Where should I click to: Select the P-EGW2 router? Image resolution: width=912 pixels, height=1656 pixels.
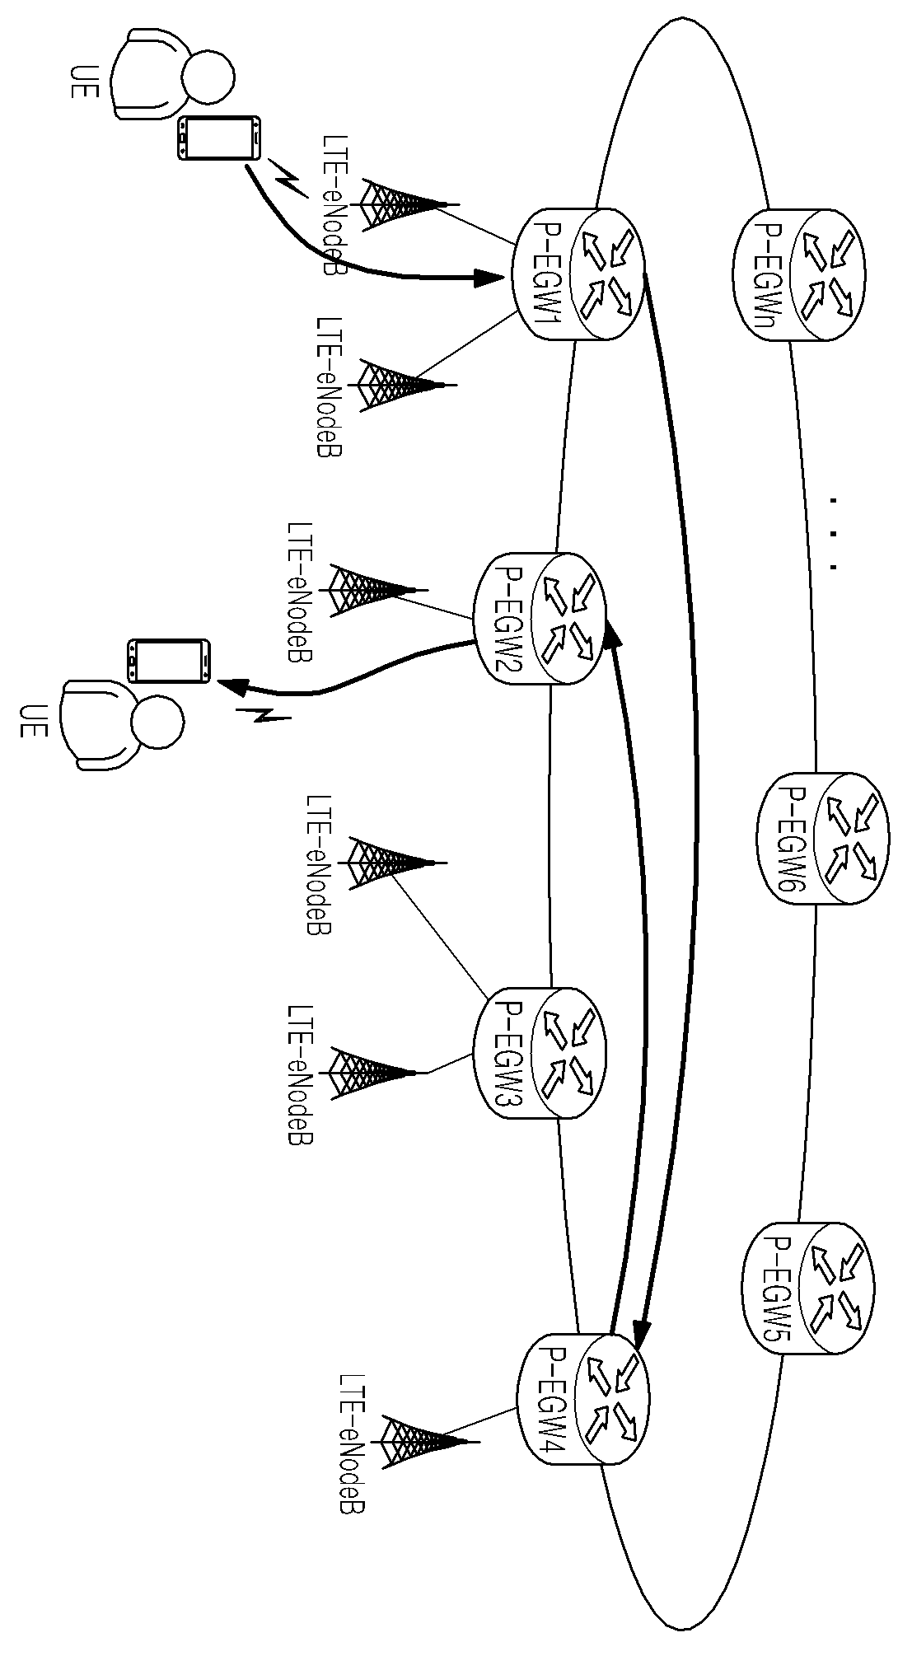point(539,620)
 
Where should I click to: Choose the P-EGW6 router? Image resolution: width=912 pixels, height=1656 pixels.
point(821,840)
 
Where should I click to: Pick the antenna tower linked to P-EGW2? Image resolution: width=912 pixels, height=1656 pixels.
point(378,590)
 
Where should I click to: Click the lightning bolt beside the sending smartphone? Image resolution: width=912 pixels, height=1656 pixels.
point(289,180)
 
